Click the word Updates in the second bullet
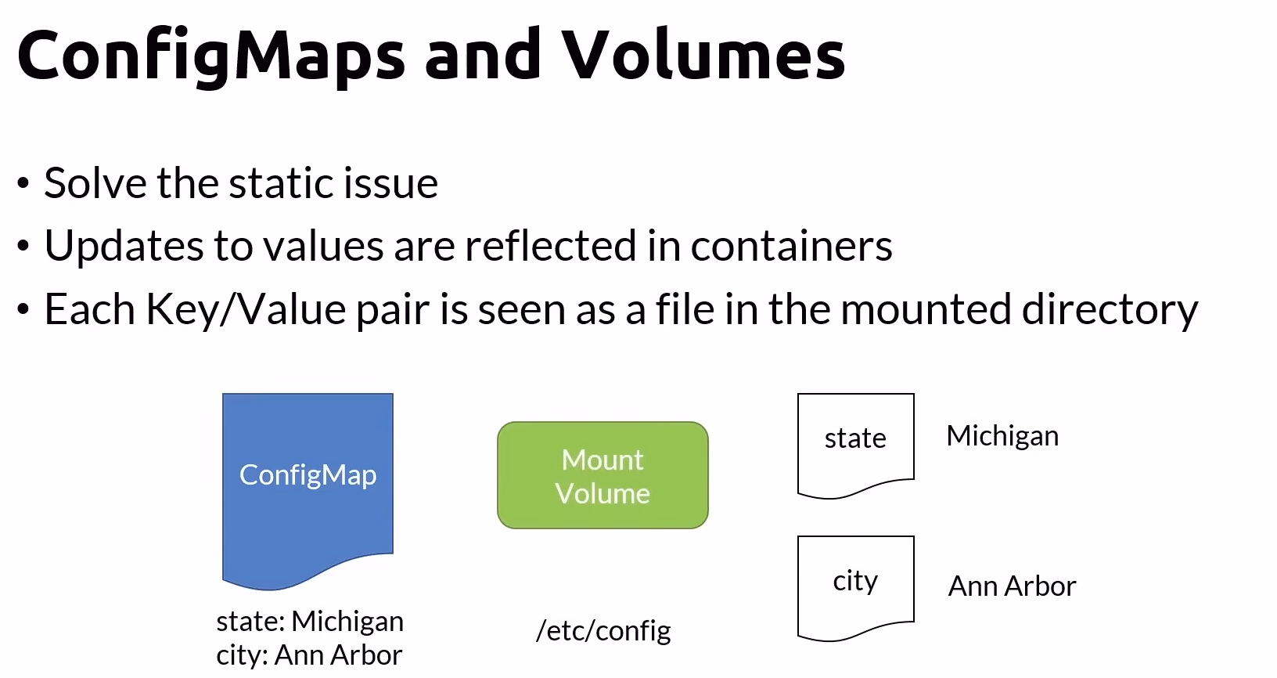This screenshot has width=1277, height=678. tap(124, 247)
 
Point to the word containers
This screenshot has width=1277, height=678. tap(791, 247)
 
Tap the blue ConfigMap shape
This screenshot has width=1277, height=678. tap(308, 485)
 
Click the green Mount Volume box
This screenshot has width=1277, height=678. tap(603, 475)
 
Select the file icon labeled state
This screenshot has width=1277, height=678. tap(855, 442)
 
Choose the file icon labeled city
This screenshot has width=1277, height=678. tap(855, 585)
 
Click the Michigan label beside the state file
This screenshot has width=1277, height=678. tap(1002, 436)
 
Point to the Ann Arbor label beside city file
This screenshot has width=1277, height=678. tap(1012, 586)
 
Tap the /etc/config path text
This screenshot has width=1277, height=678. tap(603, 630)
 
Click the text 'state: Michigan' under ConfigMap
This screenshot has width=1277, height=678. tap(310, 621)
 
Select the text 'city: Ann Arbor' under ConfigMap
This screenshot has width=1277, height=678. tap(309, 655)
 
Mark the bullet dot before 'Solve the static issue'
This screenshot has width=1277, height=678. tap(23, 184)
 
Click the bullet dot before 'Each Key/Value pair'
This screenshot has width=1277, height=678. tap(23, 310)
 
